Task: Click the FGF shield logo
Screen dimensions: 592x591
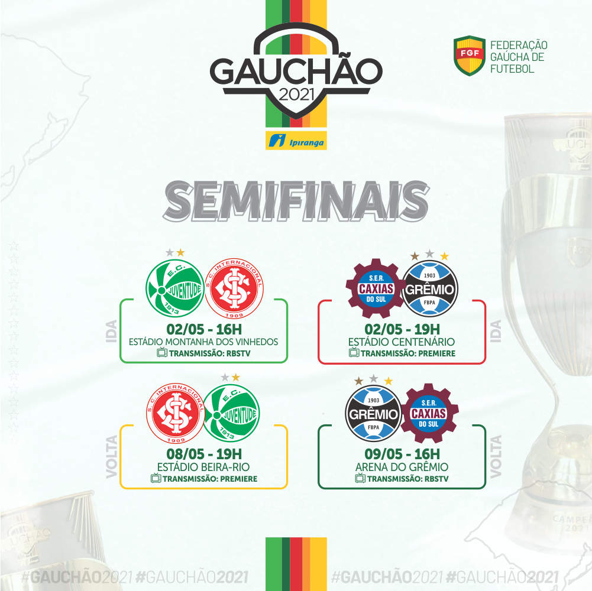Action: click(x=470, y=56)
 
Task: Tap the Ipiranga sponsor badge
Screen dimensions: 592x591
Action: click(x=296, y=141)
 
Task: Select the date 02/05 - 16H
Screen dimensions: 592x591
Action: click(x=204, y=329)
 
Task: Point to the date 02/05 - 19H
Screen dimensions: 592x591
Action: click(x=402, y=329)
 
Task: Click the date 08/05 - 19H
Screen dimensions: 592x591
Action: click(x=204, y=454)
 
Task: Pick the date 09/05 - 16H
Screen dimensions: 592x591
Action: click(x=402, y=454)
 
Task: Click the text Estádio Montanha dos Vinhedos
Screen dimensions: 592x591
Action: click(x=203, y=342)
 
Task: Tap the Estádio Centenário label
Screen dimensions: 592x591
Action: click(x=402, y=342)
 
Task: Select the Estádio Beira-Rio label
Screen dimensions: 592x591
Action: click(x=203, y=467)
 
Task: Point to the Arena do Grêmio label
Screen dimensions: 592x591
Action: click(x=402, y=467)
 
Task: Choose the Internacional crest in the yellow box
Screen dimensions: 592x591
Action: click(x=176, y=413)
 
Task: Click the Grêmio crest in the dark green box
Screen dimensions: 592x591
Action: click(x=373, y=414)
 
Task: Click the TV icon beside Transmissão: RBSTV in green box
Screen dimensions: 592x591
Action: click(x=162, y=352)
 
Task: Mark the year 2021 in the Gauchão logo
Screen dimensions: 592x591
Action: click(x=297, y=95)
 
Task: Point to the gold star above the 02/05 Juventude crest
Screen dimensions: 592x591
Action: click(x=181, y=252)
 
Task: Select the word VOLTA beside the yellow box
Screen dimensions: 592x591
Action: click(x=112, y=457)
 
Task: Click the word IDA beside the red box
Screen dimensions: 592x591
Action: click(x=496, y=332)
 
